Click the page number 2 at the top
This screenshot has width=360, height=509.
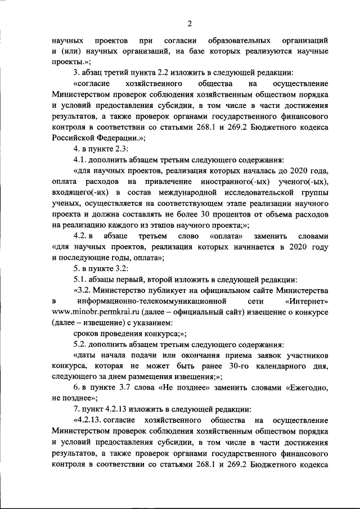pyautogui.click(x=190, y=22)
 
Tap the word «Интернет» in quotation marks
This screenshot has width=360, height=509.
pyautogui.click(x=307, y=301)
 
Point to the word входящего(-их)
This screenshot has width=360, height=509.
pyautogui.click(x=80, y=193)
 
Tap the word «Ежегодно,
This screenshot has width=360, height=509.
pyautogui.click(x=308, y=388)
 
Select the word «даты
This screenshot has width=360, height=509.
pyautogui.click(x=85, y=355)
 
